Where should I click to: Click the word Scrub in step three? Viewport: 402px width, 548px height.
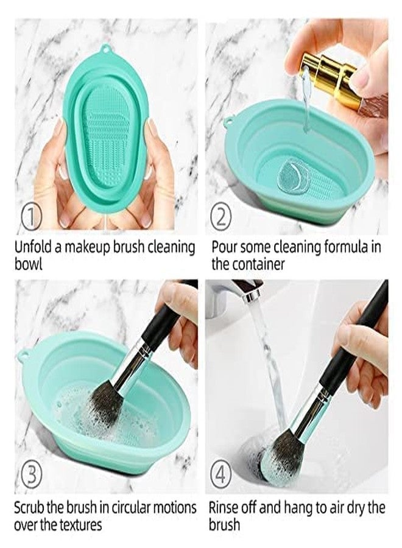pos(29,507)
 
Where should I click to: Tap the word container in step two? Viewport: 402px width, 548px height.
pos(250,265)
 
